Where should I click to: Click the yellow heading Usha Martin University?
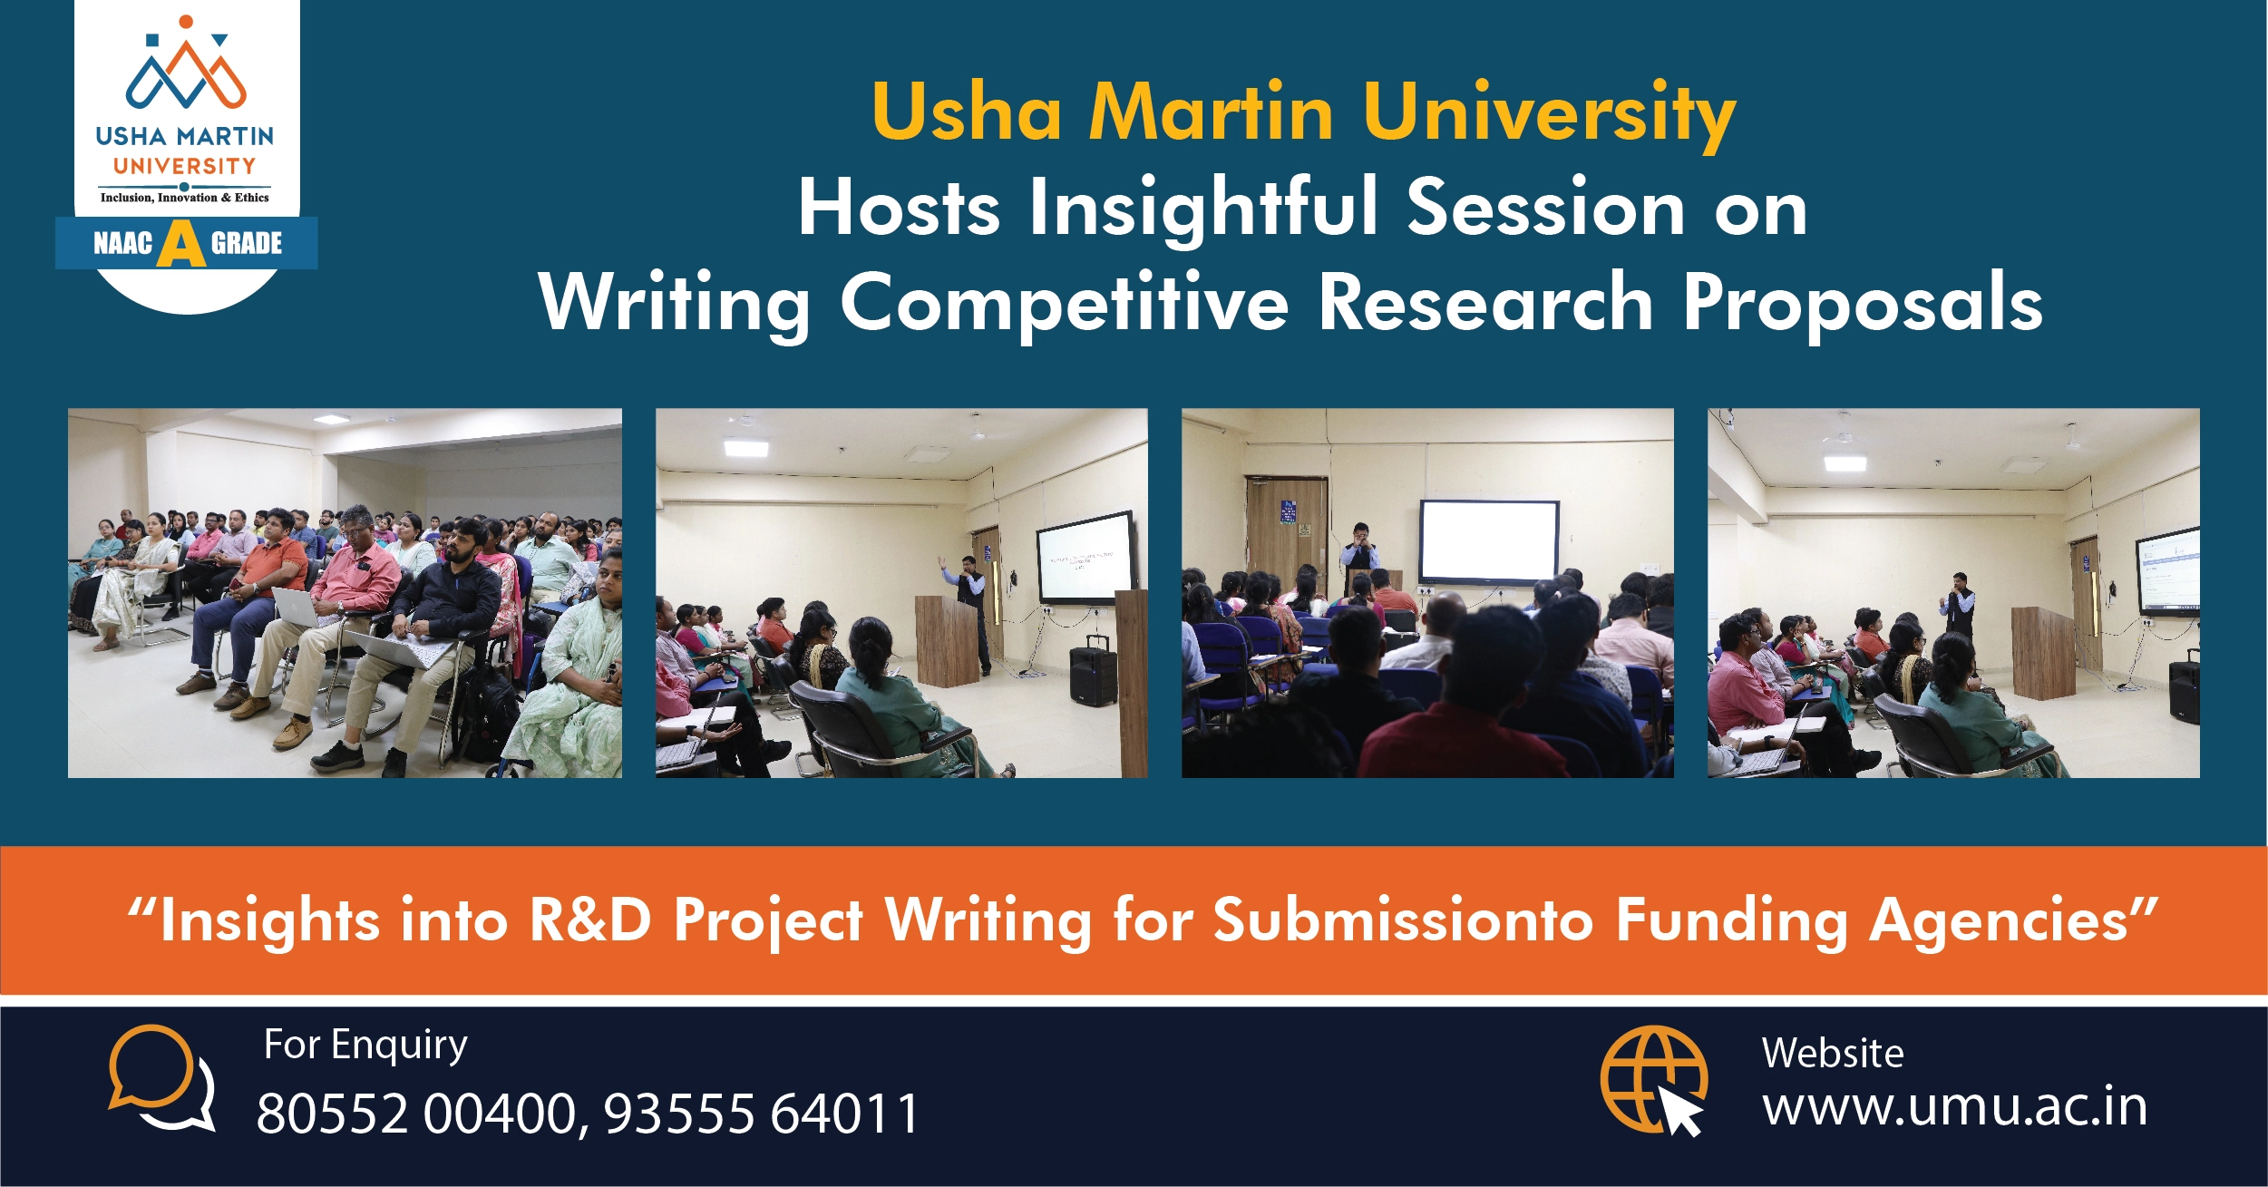coord(1303,113)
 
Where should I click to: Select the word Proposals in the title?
coord(1863,304)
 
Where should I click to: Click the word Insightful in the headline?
coord(1202,209)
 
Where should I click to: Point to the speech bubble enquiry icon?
coord(161,1077)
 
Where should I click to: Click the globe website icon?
coord(1653,1080)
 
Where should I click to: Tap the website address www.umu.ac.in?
coord(1954,1107)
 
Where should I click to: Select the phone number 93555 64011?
coord(762,1114)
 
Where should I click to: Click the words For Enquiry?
coord(365,1046)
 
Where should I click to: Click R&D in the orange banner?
coord(590,919)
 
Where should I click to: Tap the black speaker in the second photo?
coord(1094,670)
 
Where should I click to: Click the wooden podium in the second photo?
coord(948,639)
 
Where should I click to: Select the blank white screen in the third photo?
coord(1488,541)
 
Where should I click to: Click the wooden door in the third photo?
coord(1287,534)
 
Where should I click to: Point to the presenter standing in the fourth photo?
coord(1959,607)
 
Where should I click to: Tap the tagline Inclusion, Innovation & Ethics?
coord(185,198)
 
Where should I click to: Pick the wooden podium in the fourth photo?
coord(2044,652)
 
